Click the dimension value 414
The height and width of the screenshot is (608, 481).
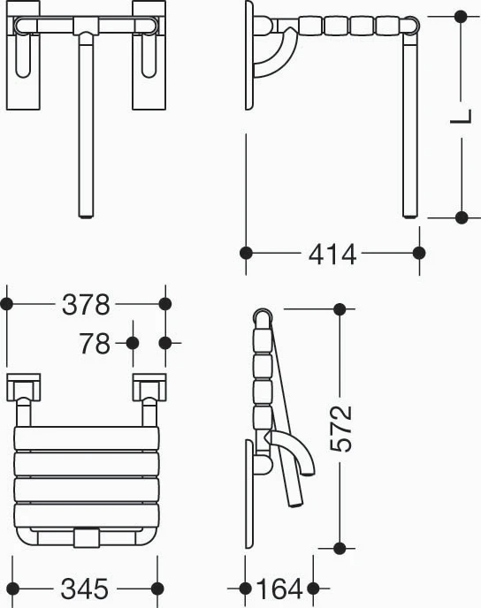point(332,255)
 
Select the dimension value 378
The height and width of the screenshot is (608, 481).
point(86,304)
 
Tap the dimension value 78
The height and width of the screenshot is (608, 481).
point(95,343)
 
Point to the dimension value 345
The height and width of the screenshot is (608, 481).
point(85,589)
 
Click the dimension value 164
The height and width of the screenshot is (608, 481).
point(279,589)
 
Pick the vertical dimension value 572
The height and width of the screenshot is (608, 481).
point(341,429)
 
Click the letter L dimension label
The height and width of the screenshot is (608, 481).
point(462,117)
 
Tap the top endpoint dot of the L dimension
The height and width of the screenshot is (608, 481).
point(461,16)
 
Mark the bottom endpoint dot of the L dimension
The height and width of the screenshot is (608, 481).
point(462,217)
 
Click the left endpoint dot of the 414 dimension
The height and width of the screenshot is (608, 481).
point(246,253)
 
